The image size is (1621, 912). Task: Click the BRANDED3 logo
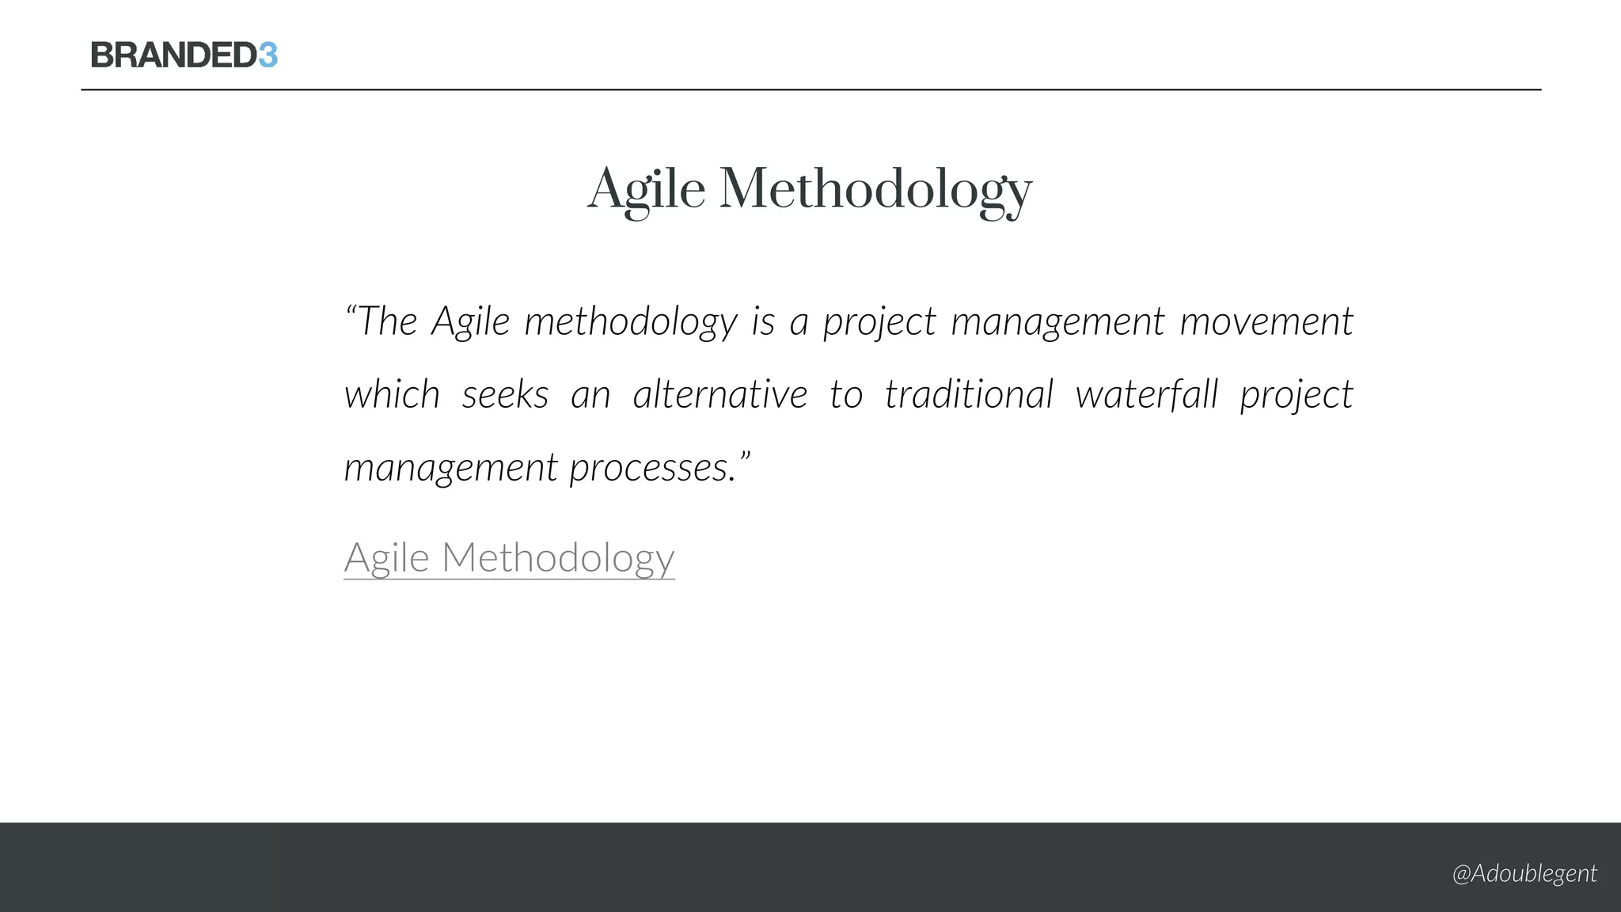[x=184, y=55]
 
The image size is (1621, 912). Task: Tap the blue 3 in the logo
[x=268, y=55]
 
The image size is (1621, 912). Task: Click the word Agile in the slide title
[x=646, y=190]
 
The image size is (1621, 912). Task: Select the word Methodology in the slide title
[x=875, y=190]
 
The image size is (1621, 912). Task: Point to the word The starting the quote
[x=387, y=321]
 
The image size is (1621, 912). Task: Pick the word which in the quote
[x=392, y=394]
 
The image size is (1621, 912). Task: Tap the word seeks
[x=505, y=394]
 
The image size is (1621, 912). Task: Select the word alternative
[x=719, y=394]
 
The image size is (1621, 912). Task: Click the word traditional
[x=969, y=394]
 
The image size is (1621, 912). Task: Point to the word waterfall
[x=1146, y=394]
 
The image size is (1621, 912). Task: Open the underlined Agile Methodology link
[x=509, y=557]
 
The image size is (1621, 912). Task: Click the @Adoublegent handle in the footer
[x=1524, y=873]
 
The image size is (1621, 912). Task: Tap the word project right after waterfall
[x=1296, y=394]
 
